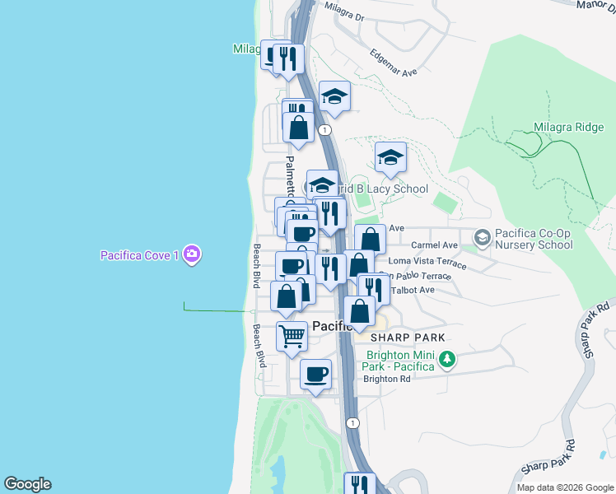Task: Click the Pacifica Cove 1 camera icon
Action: click(192, 254)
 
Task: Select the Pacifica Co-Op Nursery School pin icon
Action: click(482, 238)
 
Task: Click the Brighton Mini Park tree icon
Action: click(447, 359)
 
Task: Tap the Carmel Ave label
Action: click(434, 245)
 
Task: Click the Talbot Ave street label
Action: click(416, 290)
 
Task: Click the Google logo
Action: click(27, 484)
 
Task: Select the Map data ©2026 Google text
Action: click(565, 487)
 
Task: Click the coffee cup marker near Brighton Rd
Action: click(315, 375)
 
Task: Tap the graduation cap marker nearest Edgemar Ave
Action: click(334, 97)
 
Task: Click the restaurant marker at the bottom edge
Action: click(359, 484)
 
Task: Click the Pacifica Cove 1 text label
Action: click(140, 255)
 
